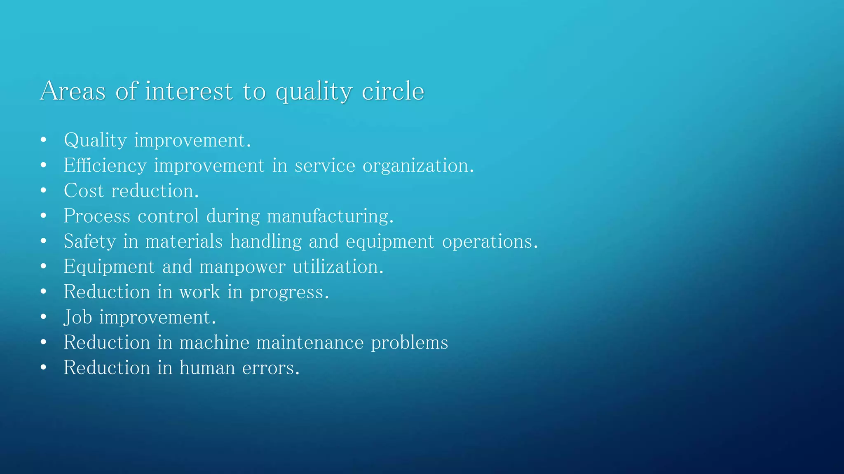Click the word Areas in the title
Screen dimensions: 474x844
tap(73, 91)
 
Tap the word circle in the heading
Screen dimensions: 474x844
tap(393, 91)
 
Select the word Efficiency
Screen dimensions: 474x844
tap(105, 166)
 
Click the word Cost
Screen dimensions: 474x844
tap(84, 191)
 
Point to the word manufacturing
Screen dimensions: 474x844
tap(330, 216)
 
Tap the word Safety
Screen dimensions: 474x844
tap(90, 242)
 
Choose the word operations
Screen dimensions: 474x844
tap(490, 242)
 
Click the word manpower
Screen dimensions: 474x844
tap(242, 267)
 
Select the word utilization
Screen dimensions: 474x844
tap(338, 267)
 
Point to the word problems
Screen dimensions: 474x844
tap(409, 343)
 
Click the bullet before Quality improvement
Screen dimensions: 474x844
tap(44, 140)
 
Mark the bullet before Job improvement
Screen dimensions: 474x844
tap(44, 317)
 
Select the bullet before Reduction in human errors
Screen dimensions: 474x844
tap(44, 367)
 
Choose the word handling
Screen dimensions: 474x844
tap(266, 242)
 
